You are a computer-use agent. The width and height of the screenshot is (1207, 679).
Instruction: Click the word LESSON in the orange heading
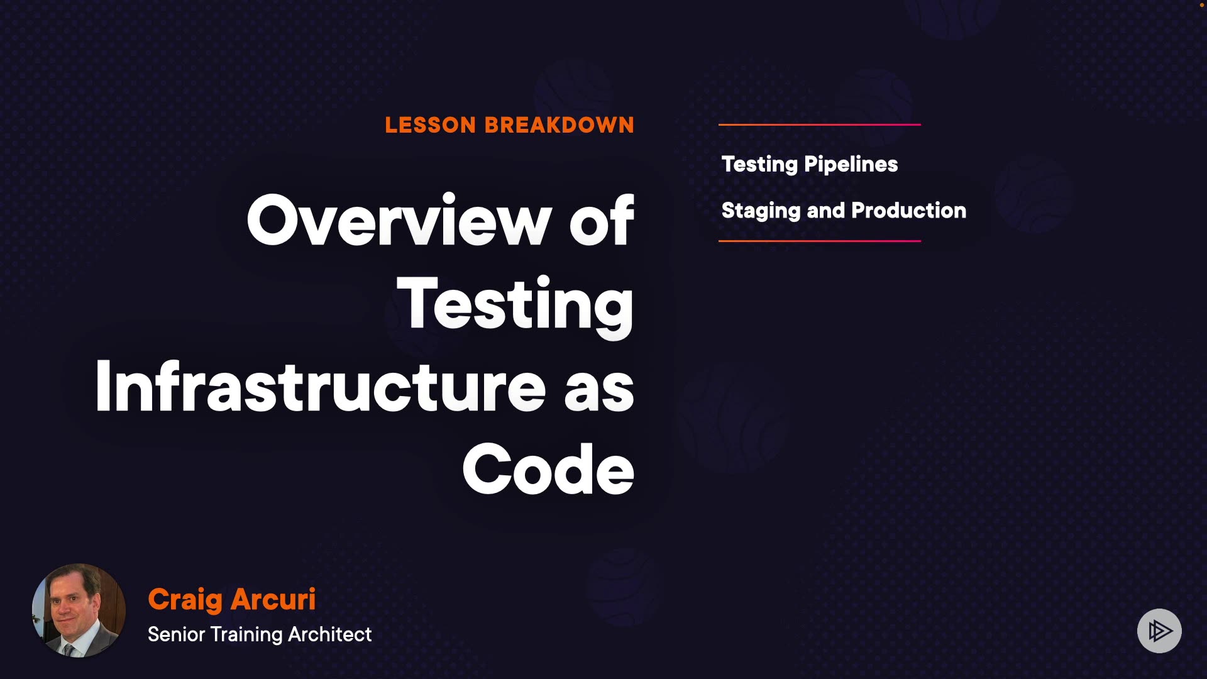[x=431, y=125]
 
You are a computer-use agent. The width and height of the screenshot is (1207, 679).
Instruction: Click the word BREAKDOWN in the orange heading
[x=559, y=125]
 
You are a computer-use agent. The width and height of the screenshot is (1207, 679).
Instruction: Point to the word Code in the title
[x=548, y=469]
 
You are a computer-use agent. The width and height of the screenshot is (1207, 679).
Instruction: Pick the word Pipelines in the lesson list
[x=851, y=165]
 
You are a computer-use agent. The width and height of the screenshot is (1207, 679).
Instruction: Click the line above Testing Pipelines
[x=820, y=124]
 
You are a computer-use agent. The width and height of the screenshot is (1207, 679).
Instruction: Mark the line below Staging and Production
[x=820, y=241]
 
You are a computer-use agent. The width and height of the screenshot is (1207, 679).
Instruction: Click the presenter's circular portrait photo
[x=79, y=610]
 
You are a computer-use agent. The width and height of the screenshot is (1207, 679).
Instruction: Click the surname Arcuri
[x=273, y=599]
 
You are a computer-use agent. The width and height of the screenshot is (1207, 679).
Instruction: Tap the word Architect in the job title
[x=330, y=634]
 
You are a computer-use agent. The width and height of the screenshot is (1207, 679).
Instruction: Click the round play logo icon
[x=1159, y=631]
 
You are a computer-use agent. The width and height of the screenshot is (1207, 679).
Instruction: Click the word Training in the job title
[x=246, y=635]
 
